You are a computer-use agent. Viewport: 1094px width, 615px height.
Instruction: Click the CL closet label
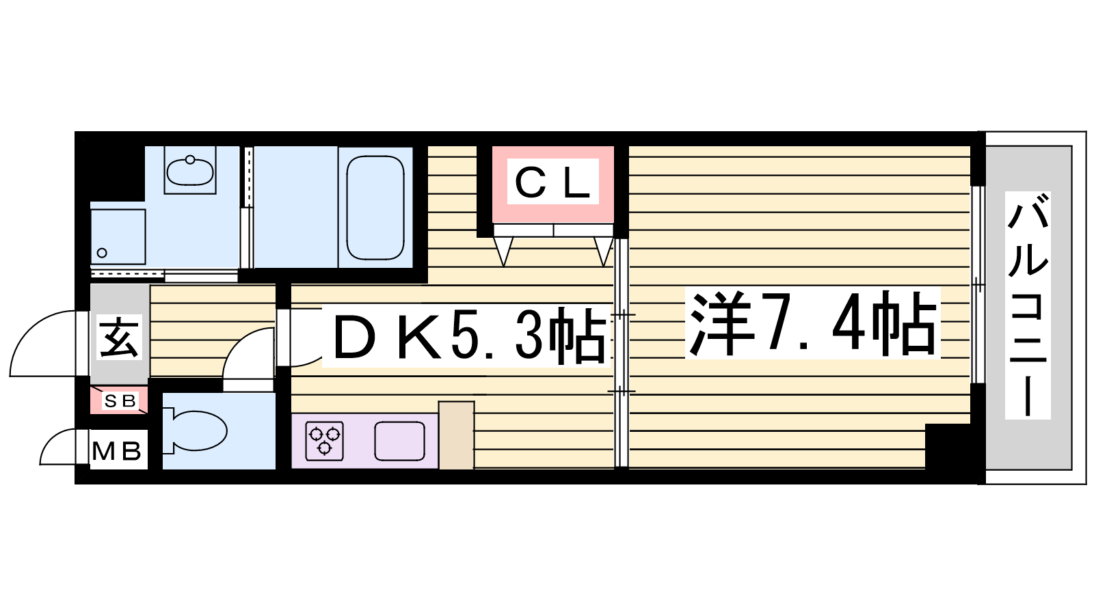coord(553,182)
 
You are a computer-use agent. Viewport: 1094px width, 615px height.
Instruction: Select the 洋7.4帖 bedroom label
coord(812,323)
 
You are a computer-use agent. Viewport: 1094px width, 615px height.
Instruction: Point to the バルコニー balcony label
coord(1028,305)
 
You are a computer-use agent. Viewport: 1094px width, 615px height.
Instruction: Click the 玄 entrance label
coord(119,338)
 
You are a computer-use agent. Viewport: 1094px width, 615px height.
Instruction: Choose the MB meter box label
coord(117,452)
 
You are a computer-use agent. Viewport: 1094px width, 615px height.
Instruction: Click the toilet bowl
coord(196,430)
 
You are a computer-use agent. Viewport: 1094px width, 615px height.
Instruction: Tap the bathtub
coord(375,208)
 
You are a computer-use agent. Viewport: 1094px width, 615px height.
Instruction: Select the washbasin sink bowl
coord(190,170)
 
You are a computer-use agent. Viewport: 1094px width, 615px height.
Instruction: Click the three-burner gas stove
coord(324,441)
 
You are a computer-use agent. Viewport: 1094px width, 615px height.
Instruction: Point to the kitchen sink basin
coord(399,441)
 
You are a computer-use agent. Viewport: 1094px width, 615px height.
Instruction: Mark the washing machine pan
coord(118,236)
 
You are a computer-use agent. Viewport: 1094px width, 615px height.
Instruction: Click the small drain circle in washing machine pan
coord(102,253)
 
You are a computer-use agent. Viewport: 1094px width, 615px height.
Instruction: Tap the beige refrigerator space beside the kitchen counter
coord(456,435)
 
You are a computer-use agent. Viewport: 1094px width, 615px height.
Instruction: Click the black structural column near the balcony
coord(948,447)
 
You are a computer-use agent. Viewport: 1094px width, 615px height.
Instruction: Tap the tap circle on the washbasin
coord(190,160)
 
